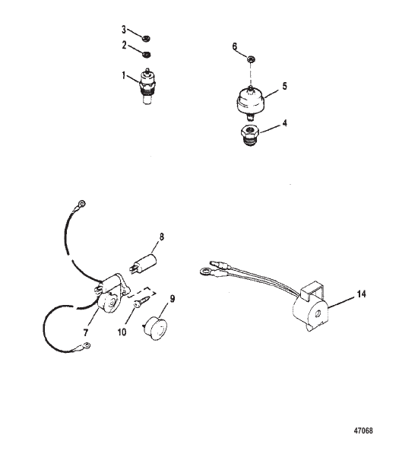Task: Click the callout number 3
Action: pos(124,30)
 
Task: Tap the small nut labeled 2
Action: pos(147,54)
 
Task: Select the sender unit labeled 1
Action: pos(147,86)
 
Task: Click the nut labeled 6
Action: pos(251,59)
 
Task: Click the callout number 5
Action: pos(284,86)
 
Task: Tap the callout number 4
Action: pos(284,123)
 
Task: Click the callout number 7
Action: pos(85,333)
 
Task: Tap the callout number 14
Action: pos(361,294)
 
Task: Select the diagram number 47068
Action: pos(363,430)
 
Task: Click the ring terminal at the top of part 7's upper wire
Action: pos(81,205)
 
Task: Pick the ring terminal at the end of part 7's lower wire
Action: pos(86,345)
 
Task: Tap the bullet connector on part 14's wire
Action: pos(217,264)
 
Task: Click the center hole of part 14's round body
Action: pos(318,314)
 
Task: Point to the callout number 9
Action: pos(173,299)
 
